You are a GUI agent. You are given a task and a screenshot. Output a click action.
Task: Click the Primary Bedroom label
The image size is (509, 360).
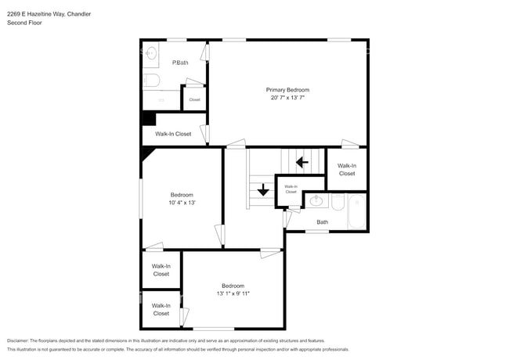click(x=287, y=90)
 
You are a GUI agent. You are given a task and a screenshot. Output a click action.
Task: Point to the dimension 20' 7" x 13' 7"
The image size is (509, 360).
click(x=287, y=99)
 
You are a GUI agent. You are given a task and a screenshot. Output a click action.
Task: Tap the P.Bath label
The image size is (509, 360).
click(x=180, y=63)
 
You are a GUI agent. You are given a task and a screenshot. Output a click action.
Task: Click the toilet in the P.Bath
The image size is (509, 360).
click(x=152, y=80)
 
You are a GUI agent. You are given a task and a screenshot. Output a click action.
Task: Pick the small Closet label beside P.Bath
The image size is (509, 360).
click(x=194, y=99)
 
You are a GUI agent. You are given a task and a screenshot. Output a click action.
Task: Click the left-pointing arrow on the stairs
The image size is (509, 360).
click(x=301, y=163)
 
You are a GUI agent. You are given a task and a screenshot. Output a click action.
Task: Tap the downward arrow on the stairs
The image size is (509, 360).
click(x=263, y=189)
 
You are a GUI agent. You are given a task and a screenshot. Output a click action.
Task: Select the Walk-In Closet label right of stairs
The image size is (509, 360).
click(x=347, y=169)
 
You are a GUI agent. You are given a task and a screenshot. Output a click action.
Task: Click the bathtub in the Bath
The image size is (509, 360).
click(x=356, y=211)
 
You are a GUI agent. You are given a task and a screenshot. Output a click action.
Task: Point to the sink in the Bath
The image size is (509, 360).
click(x=316, y=201)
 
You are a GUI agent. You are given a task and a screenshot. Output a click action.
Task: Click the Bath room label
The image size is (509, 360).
click(x=322, y=222)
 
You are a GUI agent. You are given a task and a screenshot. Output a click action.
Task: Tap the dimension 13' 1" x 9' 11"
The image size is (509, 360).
click(x=233, y=293)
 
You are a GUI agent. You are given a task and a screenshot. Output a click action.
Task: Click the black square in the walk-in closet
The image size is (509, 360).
click(x=148, y=118)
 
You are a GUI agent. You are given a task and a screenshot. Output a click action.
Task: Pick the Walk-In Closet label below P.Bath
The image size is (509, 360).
click(x=173, y=134)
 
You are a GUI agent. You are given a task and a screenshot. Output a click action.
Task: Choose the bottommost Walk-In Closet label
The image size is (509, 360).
click(x=161, y=309)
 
